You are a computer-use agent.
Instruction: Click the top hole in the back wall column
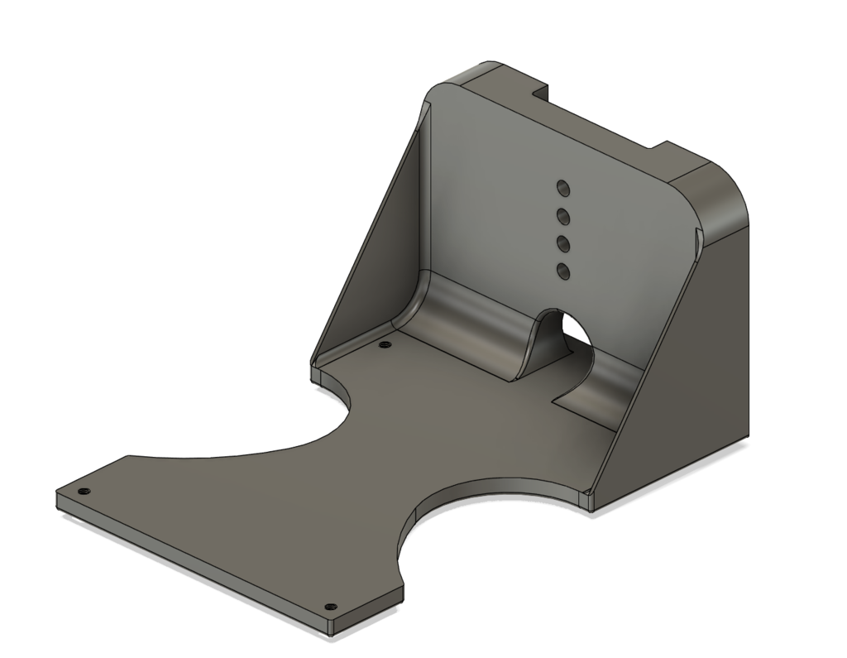[x=562, y=186]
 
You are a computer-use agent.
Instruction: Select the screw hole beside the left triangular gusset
[x=382, y=344]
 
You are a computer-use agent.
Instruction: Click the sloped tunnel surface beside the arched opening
[x=538, y=348]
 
